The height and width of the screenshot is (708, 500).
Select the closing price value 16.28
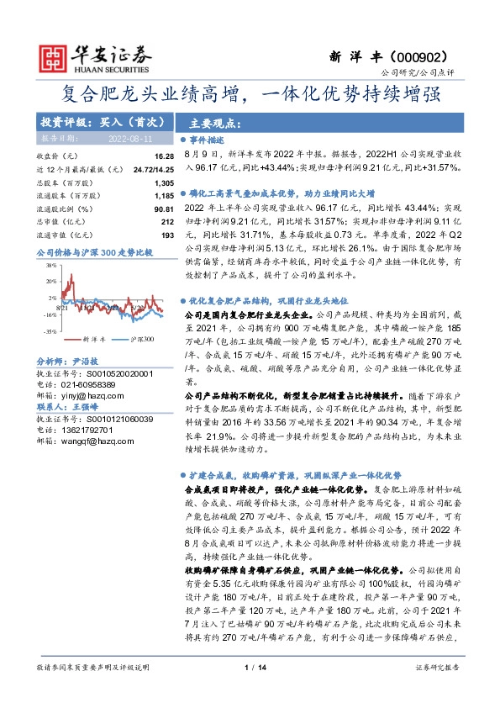[164, 156]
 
